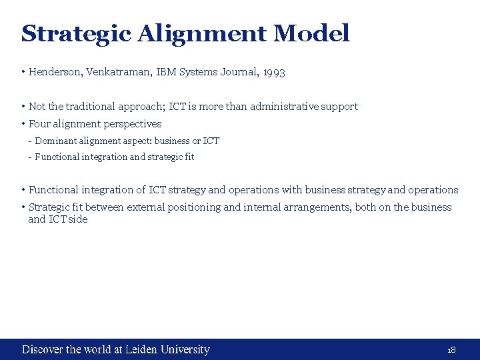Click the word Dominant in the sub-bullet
(x=55, y=141)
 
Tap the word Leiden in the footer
(x=142, y=349)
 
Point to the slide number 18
(x=451, y=350)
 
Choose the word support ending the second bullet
(x=340, y=107)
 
